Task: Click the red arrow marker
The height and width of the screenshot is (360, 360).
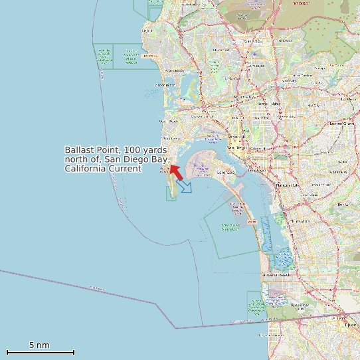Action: (x=176, y=171)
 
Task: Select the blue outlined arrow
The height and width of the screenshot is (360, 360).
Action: (x=184, y=185)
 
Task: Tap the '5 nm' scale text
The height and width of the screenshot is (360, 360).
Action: (x=39, y=345)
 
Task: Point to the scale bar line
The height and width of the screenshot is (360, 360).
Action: (x=40, y=352)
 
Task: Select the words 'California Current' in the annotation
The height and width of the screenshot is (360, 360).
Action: (x=103, y=169)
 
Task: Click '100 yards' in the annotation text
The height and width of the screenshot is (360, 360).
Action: (x=146, y=150)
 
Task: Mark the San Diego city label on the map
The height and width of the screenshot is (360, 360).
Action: (x=237, y=147)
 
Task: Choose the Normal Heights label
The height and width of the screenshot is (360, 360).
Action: (x=268, y=104)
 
